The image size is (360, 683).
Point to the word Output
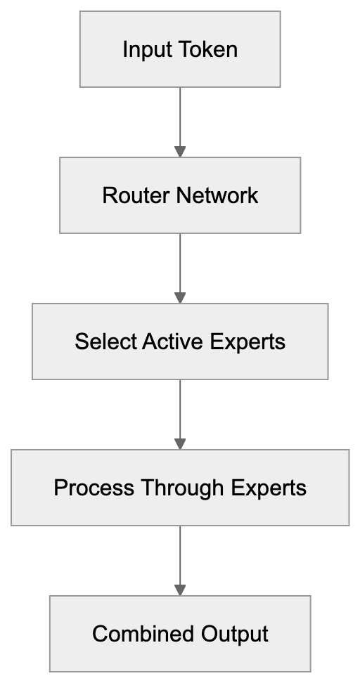click(x=235, y=634)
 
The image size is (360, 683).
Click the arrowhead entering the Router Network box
click(x=180, y=152)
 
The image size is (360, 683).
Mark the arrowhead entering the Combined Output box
click(x=180, y=590)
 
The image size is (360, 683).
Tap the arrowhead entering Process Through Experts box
click(x=180, y=444)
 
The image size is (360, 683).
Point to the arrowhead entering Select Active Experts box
click(x=180, y=298)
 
